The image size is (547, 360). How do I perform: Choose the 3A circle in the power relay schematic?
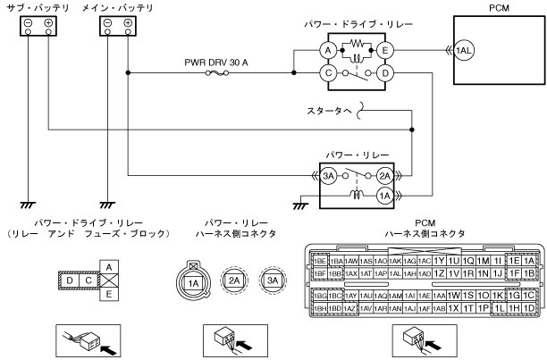point(330,177)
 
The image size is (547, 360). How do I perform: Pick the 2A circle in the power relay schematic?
point(385,177)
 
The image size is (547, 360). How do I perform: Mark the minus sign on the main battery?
point(107,22)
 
